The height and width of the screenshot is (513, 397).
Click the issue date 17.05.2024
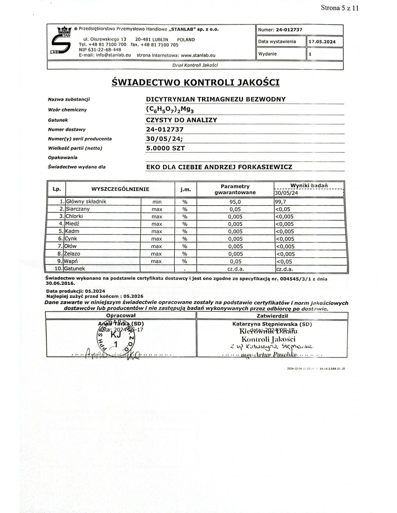coord(322,42)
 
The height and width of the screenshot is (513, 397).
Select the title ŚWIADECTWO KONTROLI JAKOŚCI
coord(196,83)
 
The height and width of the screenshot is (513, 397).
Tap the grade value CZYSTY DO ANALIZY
coord(182,120)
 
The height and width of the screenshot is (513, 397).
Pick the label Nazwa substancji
coord(69,100)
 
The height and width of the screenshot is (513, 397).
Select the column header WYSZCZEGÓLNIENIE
coord(120,189)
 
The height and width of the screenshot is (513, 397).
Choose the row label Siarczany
coord(78,209)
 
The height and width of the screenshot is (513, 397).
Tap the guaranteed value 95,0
coord(235,202)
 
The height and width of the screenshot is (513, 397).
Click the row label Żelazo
coord(72,254)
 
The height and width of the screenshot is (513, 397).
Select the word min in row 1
coord(157,202)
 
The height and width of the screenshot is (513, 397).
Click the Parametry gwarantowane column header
coord(235,189)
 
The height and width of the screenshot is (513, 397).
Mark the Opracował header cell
coord(121,316)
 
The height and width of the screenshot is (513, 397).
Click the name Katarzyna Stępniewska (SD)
coord(272,324)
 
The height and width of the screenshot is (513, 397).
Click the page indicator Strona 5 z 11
coord(340,8)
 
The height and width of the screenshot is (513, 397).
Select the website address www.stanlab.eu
coord(198,56)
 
